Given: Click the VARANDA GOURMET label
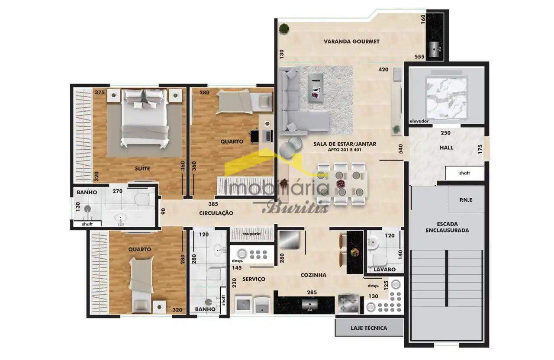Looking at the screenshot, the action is pyautogui.click(x=351, y=42).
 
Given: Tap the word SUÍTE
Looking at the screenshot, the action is pyautogui.click(x=142, y=168).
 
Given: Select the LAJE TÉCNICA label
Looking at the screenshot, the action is pyautogui.click(x=369, y=328).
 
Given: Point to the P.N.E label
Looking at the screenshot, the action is pyautogui.click(x=466, y=200).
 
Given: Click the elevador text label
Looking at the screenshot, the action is pyautogui.click(x=419, y=121).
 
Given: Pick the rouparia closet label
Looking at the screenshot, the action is pyautogui.click(x=251, y=234).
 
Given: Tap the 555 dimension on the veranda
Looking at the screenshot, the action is pyautogui.click(x=419, y=57).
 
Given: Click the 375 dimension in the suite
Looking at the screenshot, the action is pyautogui.click(x=100, y=93).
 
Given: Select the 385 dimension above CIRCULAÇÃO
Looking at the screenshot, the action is pyautogui.click(x=213, y=204).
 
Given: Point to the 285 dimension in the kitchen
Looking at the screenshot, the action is pyautogui.click(x=312, y=292).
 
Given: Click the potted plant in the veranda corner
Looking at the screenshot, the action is pyautogui.click(x=284, y=28).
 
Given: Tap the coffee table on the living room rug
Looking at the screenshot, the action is pyautogui.click(x=316, y=88).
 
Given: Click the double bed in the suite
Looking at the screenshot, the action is pyautogui.click(x=145, y=119).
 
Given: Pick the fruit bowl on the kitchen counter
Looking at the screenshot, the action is pyautogui.click(x=355, y=252).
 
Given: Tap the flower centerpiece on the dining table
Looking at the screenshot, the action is pyautogui.click(x=341, y=184).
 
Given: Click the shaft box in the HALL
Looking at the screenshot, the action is pyautogui.click(x=464, y=173).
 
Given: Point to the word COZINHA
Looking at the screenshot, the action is pyautogui.click(x=313, y=275).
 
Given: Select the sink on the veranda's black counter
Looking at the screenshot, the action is pyautogui.click(x=435, y=49).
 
